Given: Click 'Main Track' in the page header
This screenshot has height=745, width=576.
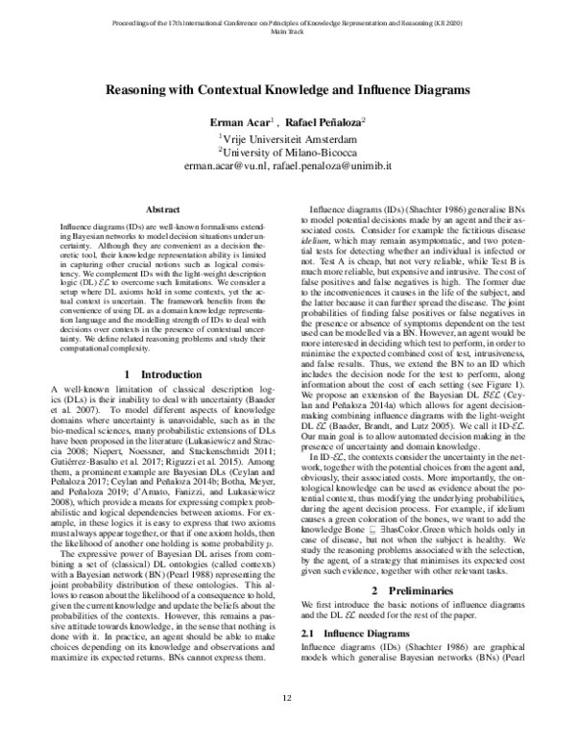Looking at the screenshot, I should (287, 30).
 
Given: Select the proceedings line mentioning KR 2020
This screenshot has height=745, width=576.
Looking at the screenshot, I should (287, 20).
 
